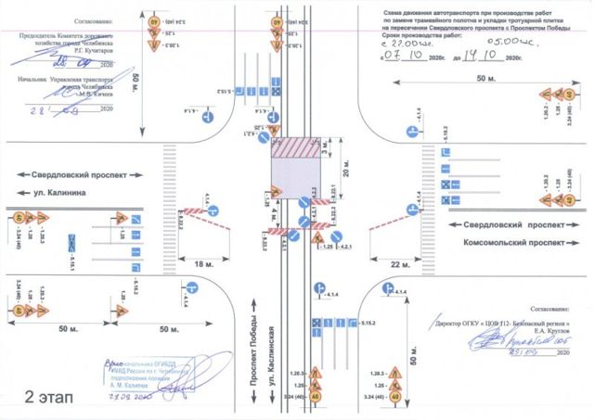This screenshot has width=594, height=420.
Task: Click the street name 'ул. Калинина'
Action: coord(62,192)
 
